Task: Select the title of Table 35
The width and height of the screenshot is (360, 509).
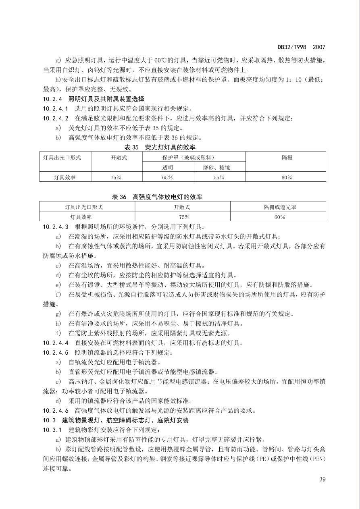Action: pos(160,147)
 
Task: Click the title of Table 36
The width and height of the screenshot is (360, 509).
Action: pos(157,197)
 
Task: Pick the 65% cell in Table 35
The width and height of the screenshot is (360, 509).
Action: pos(168,177)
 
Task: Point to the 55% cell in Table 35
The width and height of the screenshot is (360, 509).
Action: pos(219,177)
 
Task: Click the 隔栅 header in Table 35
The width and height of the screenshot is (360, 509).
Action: pos(287,158)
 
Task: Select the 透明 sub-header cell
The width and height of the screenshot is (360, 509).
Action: pos(168,167)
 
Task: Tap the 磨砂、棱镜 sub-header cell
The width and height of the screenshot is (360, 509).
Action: pos(219,167)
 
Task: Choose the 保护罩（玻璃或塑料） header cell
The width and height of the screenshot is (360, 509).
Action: pos(193,157)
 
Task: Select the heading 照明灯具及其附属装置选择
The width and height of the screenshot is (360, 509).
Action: pos(106,99)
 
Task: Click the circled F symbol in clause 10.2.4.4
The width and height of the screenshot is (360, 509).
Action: pos(204,343)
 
